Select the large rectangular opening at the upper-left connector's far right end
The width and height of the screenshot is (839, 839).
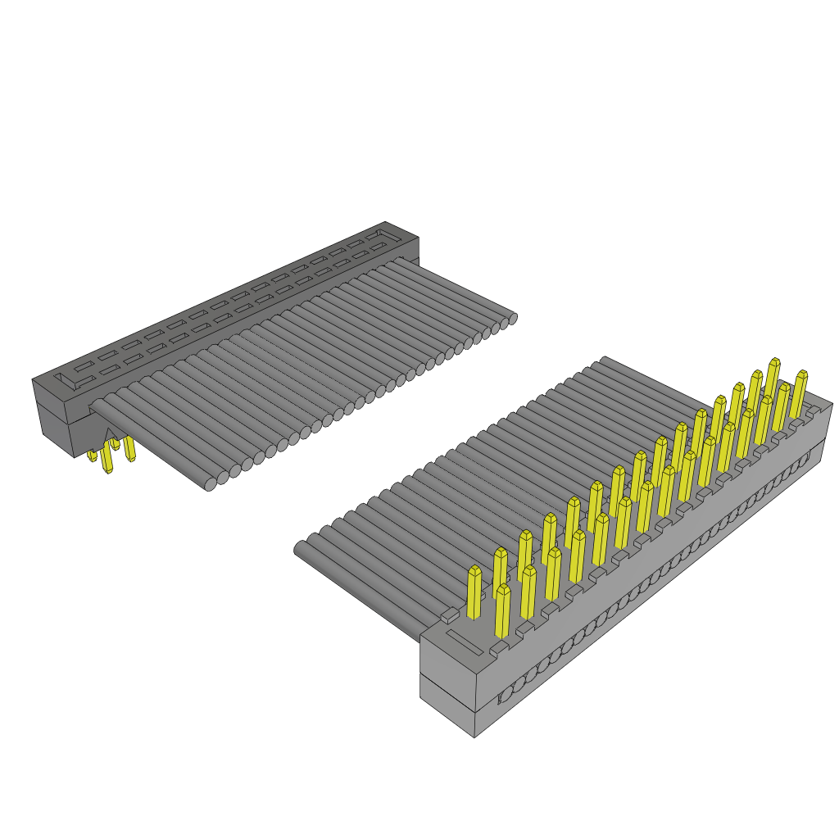pyautogui.click(x=381, y=238)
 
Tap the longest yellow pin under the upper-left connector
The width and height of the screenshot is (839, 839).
pyautogui.click(x=107, y=460)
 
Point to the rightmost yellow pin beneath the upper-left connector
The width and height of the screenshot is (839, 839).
pyautogui.click(x=129, y=450)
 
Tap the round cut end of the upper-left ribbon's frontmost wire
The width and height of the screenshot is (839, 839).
pyautogui.click(x=211, y=483)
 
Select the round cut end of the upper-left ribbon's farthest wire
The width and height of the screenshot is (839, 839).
pyautogui.click(x=511, y=318)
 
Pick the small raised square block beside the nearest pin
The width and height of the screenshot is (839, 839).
pyautogui.click(x=448, y=613)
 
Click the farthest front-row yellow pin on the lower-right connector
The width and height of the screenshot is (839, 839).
pyautogui.click(x=800, y=393)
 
